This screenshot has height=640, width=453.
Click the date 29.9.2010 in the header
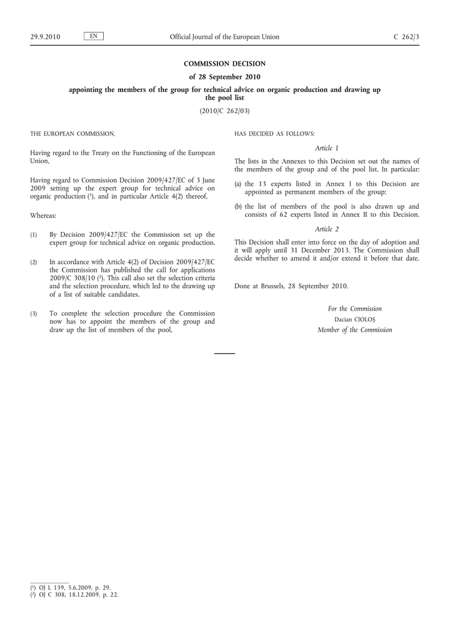[45, 37]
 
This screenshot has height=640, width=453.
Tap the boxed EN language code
[93, 36]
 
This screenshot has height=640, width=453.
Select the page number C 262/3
[406, 37]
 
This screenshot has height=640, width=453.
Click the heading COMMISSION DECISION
[224, 64]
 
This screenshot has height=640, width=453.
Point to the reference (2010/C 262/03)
[224, 111]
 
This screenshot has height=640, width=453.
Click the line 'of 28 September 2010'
[224, 77]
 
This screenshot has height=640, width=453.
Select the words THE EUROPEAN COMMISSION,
[72, 134]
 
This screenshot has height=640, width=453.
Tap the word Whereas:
[43, 216]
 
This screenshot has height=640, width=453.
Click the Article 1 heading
[327, 148]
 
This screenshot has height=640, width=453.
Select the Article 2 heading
[327, 229]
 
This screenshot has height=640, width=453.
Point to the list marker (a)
[238, 184]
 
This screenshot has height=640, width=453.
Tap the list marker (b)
[238, 207]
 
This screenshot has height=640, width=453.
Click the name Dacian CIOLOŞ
[354, 319]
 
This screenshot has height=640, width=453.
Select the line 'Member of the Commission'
[354, 330]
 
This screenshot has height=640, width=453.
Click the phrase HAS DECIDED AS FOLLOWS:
[274, 134]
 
